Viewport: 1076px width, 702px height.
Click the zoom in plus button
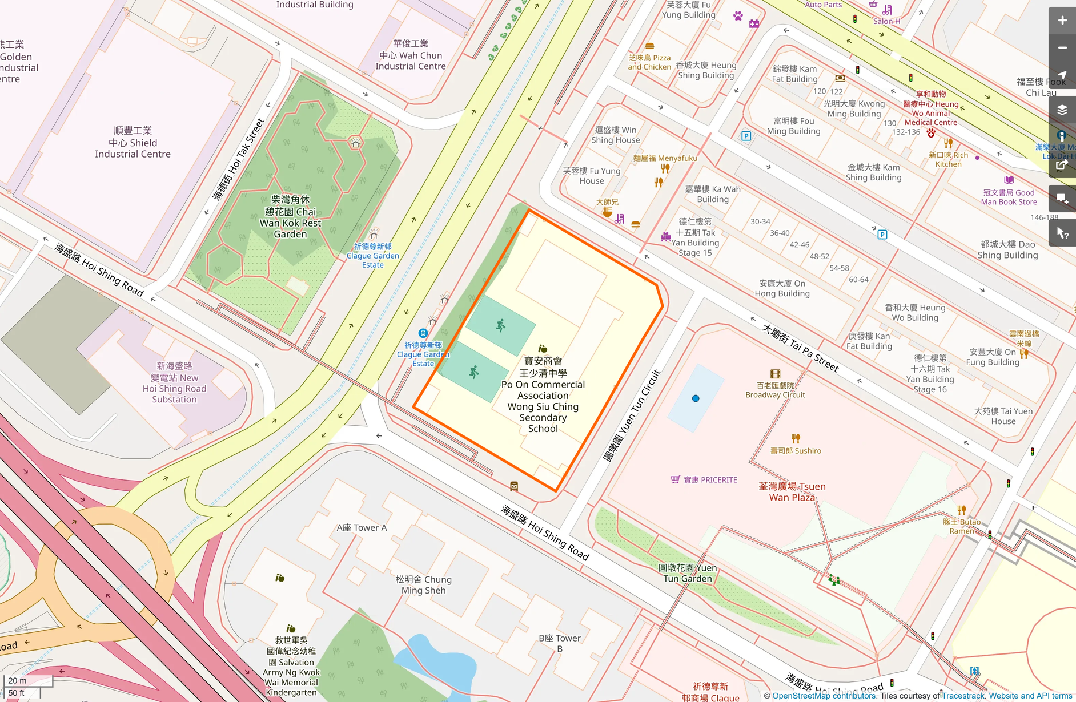(1062, 21)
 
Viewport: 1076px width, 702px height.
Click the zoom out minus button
(1062, 48)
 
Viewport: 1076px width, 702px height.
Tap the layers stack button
(1062, 110)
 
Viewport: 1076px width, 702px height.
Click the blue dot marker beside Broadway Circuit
(695, 398)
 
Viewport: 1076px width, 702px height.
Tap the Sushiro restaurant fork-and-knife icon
(796, 438)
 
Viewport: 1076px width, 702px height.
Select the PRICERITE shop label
(710, 480)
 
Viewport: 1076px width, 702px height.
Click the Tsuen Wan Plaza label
(792, 491)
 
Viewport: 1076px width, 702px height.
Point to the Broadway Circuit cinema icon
(775, 374)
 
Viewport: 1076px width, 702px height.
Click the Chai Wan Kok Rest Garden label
(290, 217)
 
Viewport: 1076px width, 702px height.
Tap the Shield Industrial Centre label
(133, 143)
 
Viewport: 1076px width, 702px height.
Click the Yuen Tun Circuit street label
(632, 415)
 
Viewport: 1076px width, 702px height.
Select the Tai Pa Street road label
(800, 348)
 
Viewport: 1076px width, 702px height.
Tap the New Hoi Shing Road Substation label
(174, 382)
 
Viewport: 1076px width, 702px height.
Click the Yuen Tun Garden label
(688, 573)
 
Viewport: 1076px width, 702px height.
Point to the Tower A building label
(362, 528)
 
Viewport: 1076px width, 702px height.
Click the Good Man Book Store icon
(1009, 180)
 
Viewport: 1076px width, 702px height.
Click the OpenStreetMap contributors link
(824, 696)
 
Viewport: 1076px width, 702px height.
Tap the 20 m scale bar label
(17, 680)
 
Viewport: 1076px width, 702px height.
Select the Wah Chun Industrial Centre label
(410, 55)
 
